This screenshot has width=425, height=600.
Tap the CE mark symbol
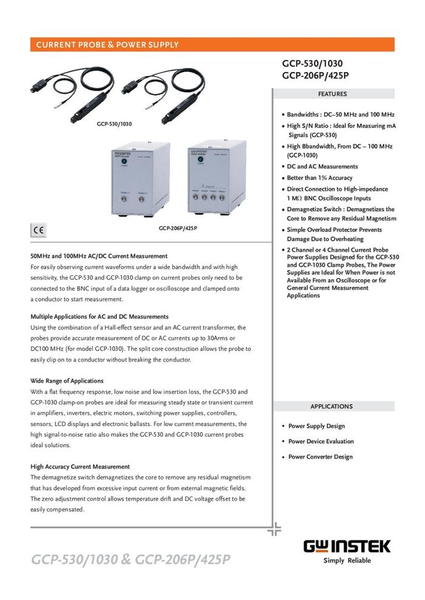(38, 231)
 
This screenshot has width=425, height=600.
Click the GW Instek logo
(347, 546)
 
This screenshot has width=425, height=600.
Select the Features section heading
(332, 94)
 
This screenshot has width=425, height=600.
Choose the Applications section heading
(331, 406)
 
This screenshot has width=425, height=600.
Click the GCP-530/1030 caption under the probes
(114, 124)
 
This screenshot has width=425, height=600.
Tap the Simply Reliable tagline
(347, 561)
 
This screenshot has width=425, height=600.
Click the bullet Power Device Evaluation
(321, 442)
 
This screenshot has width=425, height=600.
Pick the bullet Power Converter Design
(320, 457)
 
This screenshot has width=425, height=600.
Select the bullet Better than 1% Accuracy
(319, 178)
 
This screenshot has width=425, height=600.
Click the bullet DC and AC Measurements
(322, 166)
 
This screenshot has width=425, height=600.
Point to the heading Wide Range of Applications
(67, 381)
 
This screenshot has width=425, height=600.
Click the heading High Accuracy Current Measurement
(80, 467)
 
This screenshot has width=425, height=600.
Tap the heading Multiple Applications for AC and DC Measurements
(100, 317)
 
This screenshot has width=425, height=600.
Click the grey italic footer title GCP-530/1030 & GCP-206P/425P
(131, 559)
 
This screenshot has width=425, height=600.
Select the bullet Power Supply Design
(316, 426)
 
